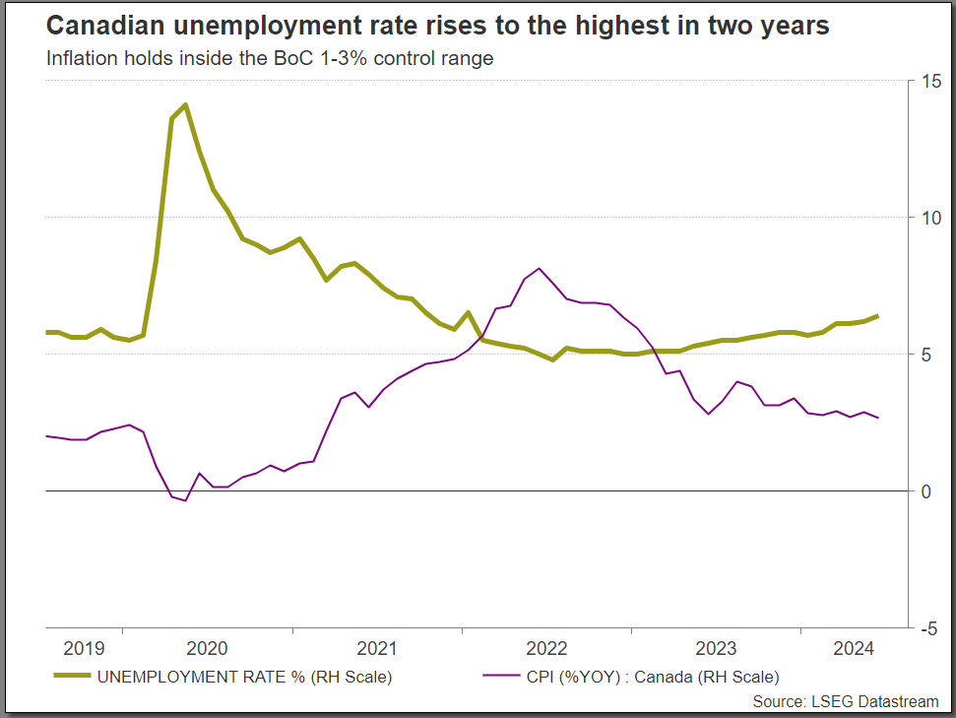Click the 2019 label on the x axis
coord(84,648)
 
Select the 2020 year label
coord(207,648)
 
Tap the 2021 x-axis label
coord(377,648)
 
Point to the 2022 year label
coord(547,648)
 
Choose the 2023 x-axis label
coord(717,648)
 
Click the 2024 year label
coord(854,648)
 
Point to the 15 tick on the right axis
coord(928,81)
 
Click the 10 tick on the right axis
coord(928,218)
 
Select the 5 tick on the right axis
coord(924,355)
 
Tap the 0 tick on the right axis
coord(924,491)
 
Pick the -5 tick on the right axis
coord(926,627)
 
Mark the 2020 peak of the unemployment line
coord(185,104)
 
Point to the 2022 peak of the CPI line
coord(539,268)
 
